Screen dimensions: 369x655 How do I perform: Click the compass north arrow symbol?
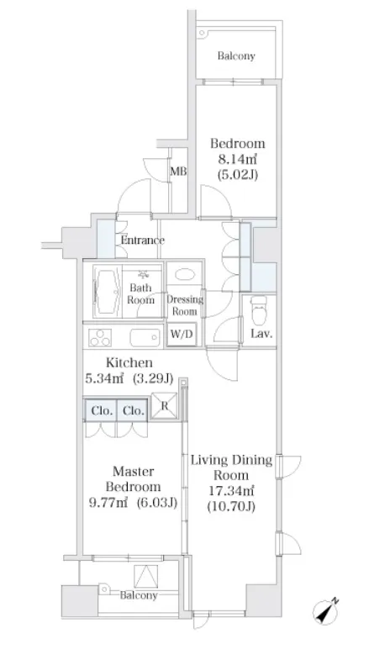coord(325,611)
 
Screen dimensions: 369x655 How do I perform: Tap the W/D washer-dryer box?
coord(182,334)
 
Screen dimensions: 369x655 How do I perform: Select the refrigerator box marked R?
coord(164,406)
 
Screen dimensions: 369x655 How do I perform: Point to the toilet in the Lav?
coord(259,310)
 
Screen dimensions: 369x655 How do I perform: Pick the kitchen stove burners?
coord(100,337)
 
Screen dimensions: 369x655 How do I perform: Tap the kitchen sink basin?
coord(145,338)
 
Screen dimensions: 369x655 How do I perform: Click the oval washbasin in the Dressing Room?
coord(184,274)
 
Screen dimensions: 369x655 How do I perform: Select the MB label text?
coord(178,172)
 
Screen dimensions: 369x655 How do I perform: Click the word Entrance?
coord(142,240)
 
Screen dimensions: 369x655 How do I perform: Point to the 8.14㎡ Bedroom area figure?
coord(237,159)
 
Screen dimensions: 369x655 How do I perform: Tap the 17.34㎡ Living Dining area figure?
coord(231,490)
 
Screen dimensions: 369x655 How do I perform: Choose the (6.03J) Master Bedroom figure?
coord(157,502)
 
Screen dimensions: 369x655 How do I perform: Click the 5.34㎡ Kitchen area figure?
coord(104,378)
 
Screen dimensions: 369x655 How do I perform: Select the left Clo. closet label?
coord(102,411)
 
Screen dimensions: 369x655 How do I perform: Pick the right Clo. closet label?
coord(134,411)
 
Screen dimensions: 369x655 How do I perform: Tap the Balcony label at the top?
coord(236,56)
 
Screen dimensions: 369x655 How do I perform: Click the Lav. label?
coord(261,334)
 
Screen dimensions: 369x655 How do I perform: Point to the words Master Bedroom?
coord(133,479)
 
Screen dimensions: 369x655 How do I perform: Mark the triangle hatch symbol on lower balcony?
coord(146,577)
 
